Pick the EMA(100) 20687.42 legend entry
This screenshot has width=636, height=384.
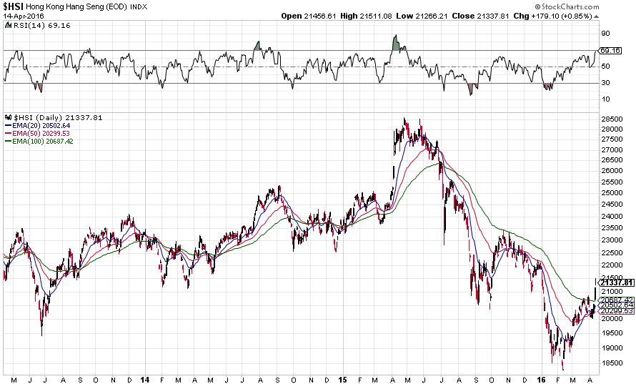(x=41, y=142)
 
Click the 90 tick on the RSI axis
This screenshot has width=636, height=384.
(x=605, y=34)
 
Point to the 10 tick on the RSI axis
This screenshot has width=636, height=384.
(x=605, y=99)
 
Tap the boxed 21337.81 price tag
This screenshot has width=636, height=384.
(x=615, y=282)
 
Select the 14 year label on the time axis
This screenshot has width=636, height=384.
(x=145, y=378)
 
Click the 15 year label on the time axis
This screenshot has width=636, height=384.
(x=343, y=378)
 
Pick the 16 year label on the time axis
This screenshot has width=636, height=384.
(x=541, y=378)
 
